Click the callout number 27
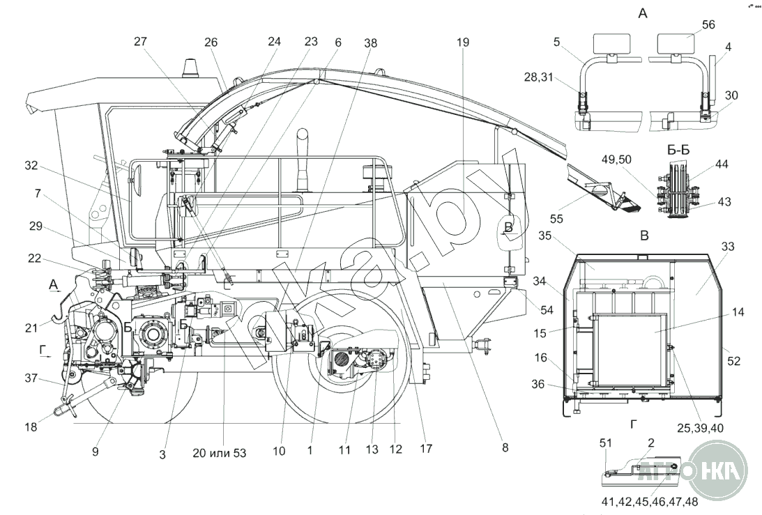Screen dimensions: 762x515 click(x=140, y=41)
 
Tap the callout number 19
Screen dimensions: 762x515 click(x=463, y=43)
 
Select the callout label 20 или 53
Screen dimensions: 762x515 click(x=219, y=453)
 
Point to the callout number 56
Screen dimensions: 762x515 click(x=708, y=25)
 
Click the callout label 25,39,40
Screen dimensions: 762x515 click(x=700, y=428)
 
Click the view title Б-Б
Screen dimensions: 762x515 click(x=678, y=150)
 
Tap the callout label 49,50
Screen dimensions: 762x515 click(x=617, y=160)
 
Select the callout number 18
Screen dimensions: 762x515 click(x=31, y=427)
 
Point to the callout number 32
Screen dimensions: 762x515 click(x=31, y=166)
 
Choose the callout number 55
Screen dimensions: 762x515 click(x=556, y=219)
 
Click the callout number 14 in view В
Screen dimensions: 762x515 click(x=738, y=312)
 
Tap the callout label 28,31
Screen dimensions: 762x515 click(x=538, y=77)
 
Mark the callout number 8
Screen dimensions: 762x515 click(x=505, y=447)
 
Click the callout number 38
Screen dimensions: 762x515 click(x=371, y=43)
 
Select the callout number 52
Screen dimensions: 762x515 click(x=734, y=361)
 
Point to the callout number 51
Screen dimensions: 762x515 click(x=606, y=443)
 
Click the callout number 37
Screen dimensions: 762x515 click(x=31, y=378)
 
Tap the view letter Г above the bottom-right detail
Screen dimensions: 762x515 click(x=634, y=424)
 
